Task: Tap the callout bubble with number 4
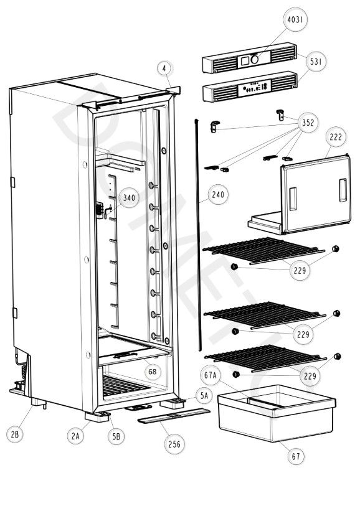coord(164,67)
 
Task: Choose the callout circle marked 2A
coord(75,437)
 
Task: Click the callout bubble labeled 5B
coord(116,437)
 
